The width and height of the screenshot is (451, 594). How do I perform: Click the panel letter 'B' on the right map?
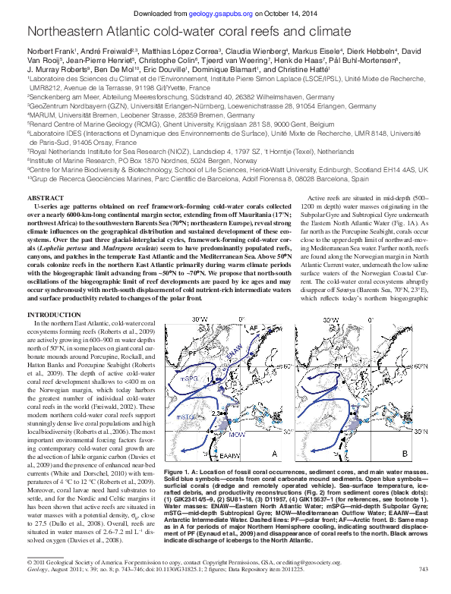pos(405,453)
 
